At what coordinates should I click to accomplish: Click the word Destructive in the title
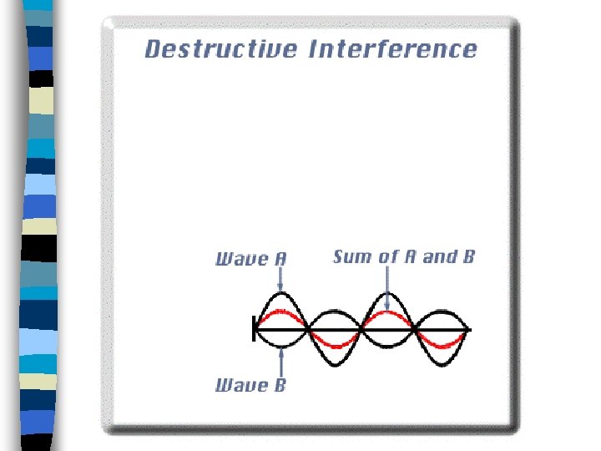[x=220, y=48]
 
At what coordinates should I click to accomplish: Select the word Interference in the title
[x=393, y=48]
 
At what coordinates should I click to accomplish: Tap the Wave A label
[x=250, y=258]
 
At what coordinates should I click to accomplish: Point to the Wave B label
[x=250, y=385]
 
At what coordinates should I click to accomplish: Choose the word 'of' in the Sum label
[x=388, y=256]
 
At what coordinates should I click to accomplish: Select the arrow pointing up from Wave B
[x=281, y=361]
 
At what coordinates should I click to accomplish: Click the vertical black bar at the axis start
[x=255, y=332]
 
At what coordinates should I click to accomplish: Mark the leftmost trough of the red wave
[x=335, y=345]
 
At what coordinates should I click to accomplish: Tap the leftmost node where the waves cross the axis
[x=309, y=332]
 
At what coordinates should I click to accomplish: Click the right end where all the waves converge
[x=467, y=332]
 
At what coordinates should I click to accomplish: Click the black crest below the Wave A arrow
[x=281, y=296]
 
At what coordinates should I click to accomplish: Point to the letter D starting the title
[x=153, y=48]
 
